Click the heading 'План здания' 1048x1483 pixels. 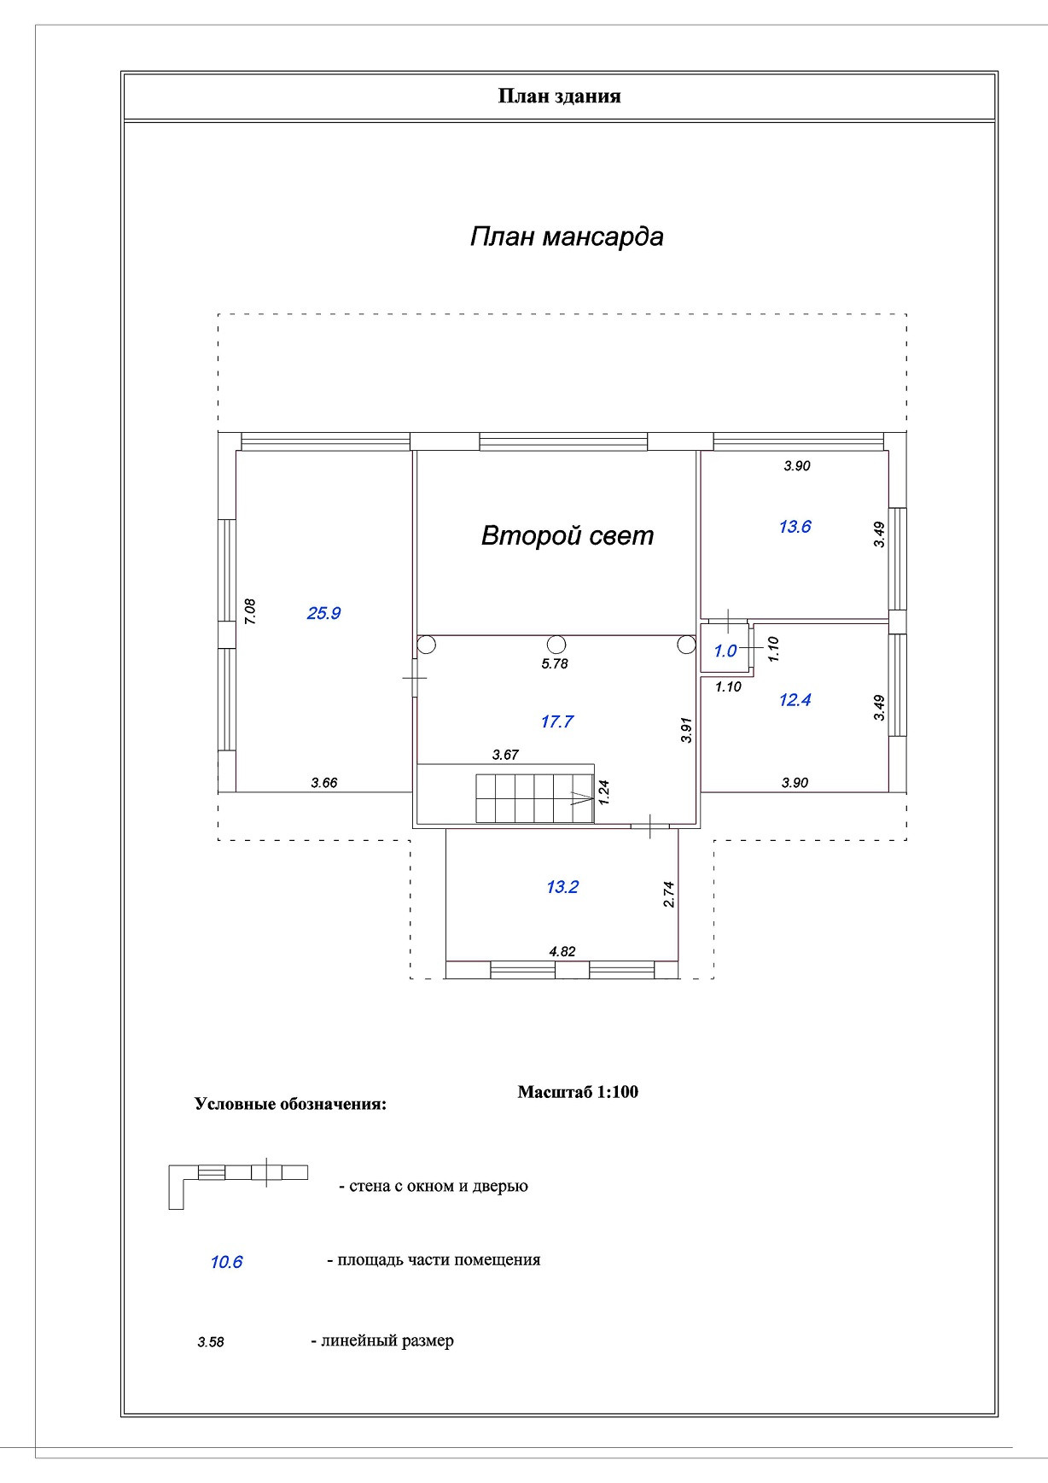click(x=559, y=96)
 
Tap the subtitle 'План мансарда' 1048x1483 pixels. click(x=567, y=236)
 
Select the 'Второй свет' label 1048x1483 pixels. click(x=568, y=535)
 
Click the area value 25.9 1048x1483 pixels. click(x=323, y=613)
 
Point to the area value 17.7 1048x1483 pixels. click(x=556, y=721)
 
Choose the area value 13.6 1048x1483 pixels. click(x=795, y=527)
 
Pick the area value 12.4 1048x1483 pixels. click(x=795, y=700)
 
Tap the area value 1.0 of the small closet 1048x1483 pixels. click(x=725, y=651)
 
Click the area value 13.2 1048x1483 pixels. click(x=562, y=887)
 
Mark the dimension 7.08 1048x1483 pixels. click(x=250, y=611)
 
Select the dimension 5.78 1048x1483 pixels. click(x=555, y=663)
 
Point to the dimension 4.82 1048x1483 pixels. click(x=562, y=951)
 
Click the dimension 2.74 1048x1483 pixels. click(x=669, y=894)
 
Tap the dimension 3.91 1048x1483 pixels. click(x=686, y=730)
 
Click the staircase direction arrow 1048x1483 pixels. click(x=580, y=799)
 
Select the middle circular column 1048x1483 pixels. click(x=556, y=645)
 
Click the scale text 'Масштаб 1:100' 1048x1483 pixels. click(x=578, y=1092)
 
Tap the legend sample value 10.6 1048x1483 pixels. click(x=226, y=1262)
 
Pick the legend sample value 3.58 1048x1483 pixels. click(x=211, y=1342)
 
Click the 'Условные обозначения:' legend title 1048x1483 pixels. click(x=290, y=1104)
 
